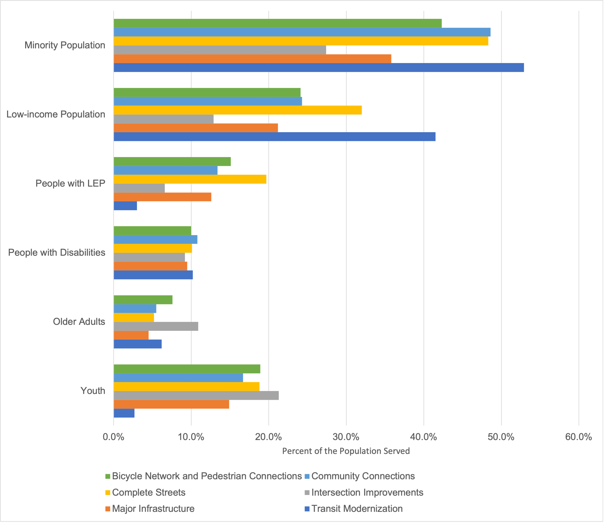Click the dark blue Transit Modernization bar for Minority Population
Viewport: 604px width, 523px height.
coord(318,68)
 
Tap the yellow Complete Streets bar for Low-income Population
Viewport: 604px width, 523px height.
coord(237,110)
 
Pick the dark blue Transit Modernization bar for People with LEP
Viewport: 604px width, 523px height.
coord(125,206)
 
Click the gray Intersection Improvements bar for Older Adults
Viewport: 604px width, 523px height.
coord(156,326)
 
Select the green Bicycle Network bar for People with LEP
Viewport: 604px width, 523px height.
coord(172,161)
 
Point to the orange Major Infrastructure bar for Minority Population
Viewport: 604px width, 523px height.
coord(252,59)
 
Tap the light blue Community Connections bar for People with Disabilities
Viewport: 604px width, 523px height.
coord(155,239)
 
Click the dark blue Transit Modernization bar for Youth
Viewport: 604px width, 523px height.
coord(124,413)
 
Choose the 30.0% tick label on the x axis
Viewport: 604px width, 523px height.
coord(346,437)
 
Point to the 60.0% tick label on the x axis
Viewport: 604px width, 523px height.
coord(578,437)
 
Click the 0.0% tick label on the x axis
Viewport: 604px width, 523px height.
coord(114,437)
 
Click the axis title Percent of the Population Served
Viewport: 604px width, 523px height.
coord(346,451)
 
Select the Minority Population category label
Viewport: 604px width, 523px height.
coord(65,45)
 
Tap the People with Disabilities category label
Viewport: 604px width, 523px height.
coord(57,252)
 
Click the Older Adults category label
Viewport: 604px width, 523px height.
coord(79,322)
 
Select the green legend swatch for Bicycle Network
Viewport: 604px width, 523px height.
coord(108,476)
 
